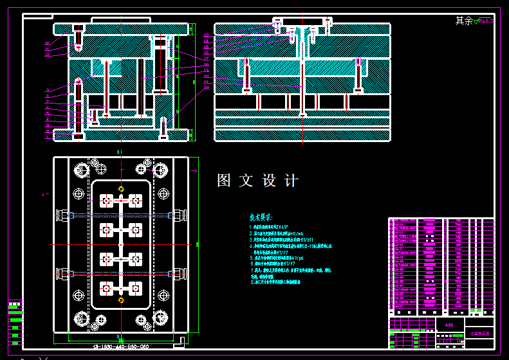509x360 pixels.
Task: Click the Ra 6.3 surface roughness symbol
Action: pyautogui.click(x=483, y=22)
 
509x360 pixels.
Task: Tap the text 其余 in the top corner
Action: pyautogui.click(x=464, y=21)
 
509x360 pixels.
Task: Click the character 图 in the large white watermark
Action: pyautogui.click(x=224, y=181)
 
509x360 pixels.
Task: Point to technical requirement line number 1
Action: pyautogui.click(x=277, y=227)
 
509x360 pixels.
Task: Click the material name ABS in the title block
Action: pyautogui.click(x=449, y=325)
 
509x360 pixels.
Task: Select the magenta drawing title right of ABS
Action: pyautogui.click(x=479, y=334)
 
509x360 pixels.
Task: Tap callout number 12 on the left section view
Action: pyautogui.click(x=47, y=44)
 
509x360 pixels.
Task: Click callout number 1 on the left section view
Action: pyautogui.click(x=47, y=136)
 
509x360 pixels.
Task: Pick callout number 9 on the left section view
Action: pyautogui.click(x=47, y=90)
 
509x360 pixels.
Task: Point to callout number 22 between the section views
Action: pyautogui.click(x=206, y=87)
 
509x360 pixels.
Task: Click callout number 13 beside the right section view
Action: pyautogui.click(x=206, y=35)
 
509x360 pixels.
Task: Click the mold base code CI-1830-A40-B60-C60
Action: pyautogui.click(x=121, y=346)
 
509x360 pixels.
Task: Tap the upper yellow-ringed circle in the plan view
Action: pyautogui.click(x=121, y=188)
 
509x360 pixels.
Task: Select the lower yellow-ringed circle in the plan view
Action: pyautogui.click(x=121, y=300)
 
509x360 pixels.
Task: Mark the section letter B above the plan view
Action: pyautogui.click(x=120, y=152)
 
